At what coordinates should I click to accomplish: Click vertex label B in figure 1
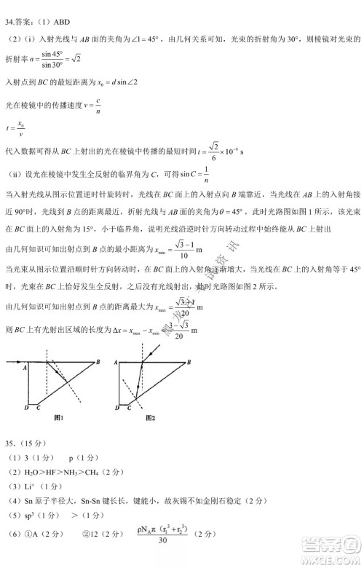98,362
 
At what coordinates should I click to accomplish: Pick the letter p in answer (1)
71,458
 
